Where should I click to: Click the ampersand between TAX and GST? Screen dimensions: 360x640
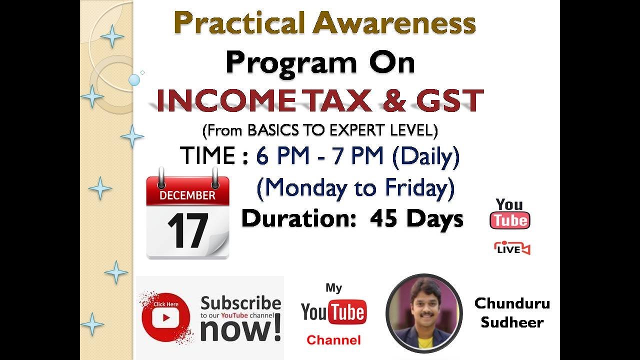point(393,100)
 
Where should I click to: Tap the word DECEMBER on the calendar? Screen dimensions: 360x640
point(187,195)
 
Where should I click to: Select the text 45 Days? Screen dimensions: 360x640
point(416,219)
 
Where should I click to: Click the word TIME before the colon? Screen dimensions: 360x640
point(207,156)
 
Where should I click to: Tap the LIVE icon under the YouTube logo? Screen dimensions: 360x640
point(511,248)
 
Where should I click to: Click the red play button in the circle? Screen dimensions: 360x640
point(164,317)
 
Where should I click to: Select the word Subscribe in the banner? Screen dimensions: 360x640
point(240,303)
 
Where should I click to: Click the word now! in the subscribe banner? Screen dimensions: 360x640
point(240,329)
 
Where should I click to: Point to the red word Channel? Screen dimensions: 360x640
point(333,340)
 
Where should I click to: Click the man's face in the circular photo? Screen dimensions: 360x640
point(422,305)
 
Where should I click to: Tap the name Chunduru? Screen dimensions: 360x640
point(511,303)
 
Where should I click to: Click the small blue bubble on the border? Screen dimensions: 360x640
point(134,79)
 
